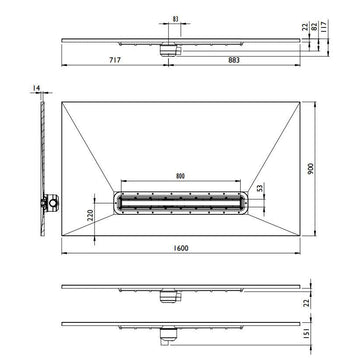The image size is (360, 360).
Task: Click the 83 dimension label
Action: (176, 19)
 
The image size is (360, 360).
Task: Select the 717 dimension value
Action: (114, 60)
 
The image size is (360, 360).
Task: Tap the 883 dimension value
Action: (234, 60)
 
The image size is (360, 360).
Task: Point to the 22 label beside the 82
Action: (305, 27)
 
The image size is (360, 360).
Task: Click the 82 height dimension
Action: (314, 27)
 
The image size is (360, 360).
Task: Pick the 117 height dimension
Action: (323, 25)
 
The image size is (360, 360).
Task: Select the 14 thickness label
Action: (36, 88)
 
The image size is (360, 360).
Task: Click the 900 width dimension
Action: (311, 169)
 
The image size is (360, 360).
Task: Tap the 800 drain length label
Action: (180, 176)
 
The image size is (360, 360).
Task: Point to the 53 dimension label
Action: (261, 187)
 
